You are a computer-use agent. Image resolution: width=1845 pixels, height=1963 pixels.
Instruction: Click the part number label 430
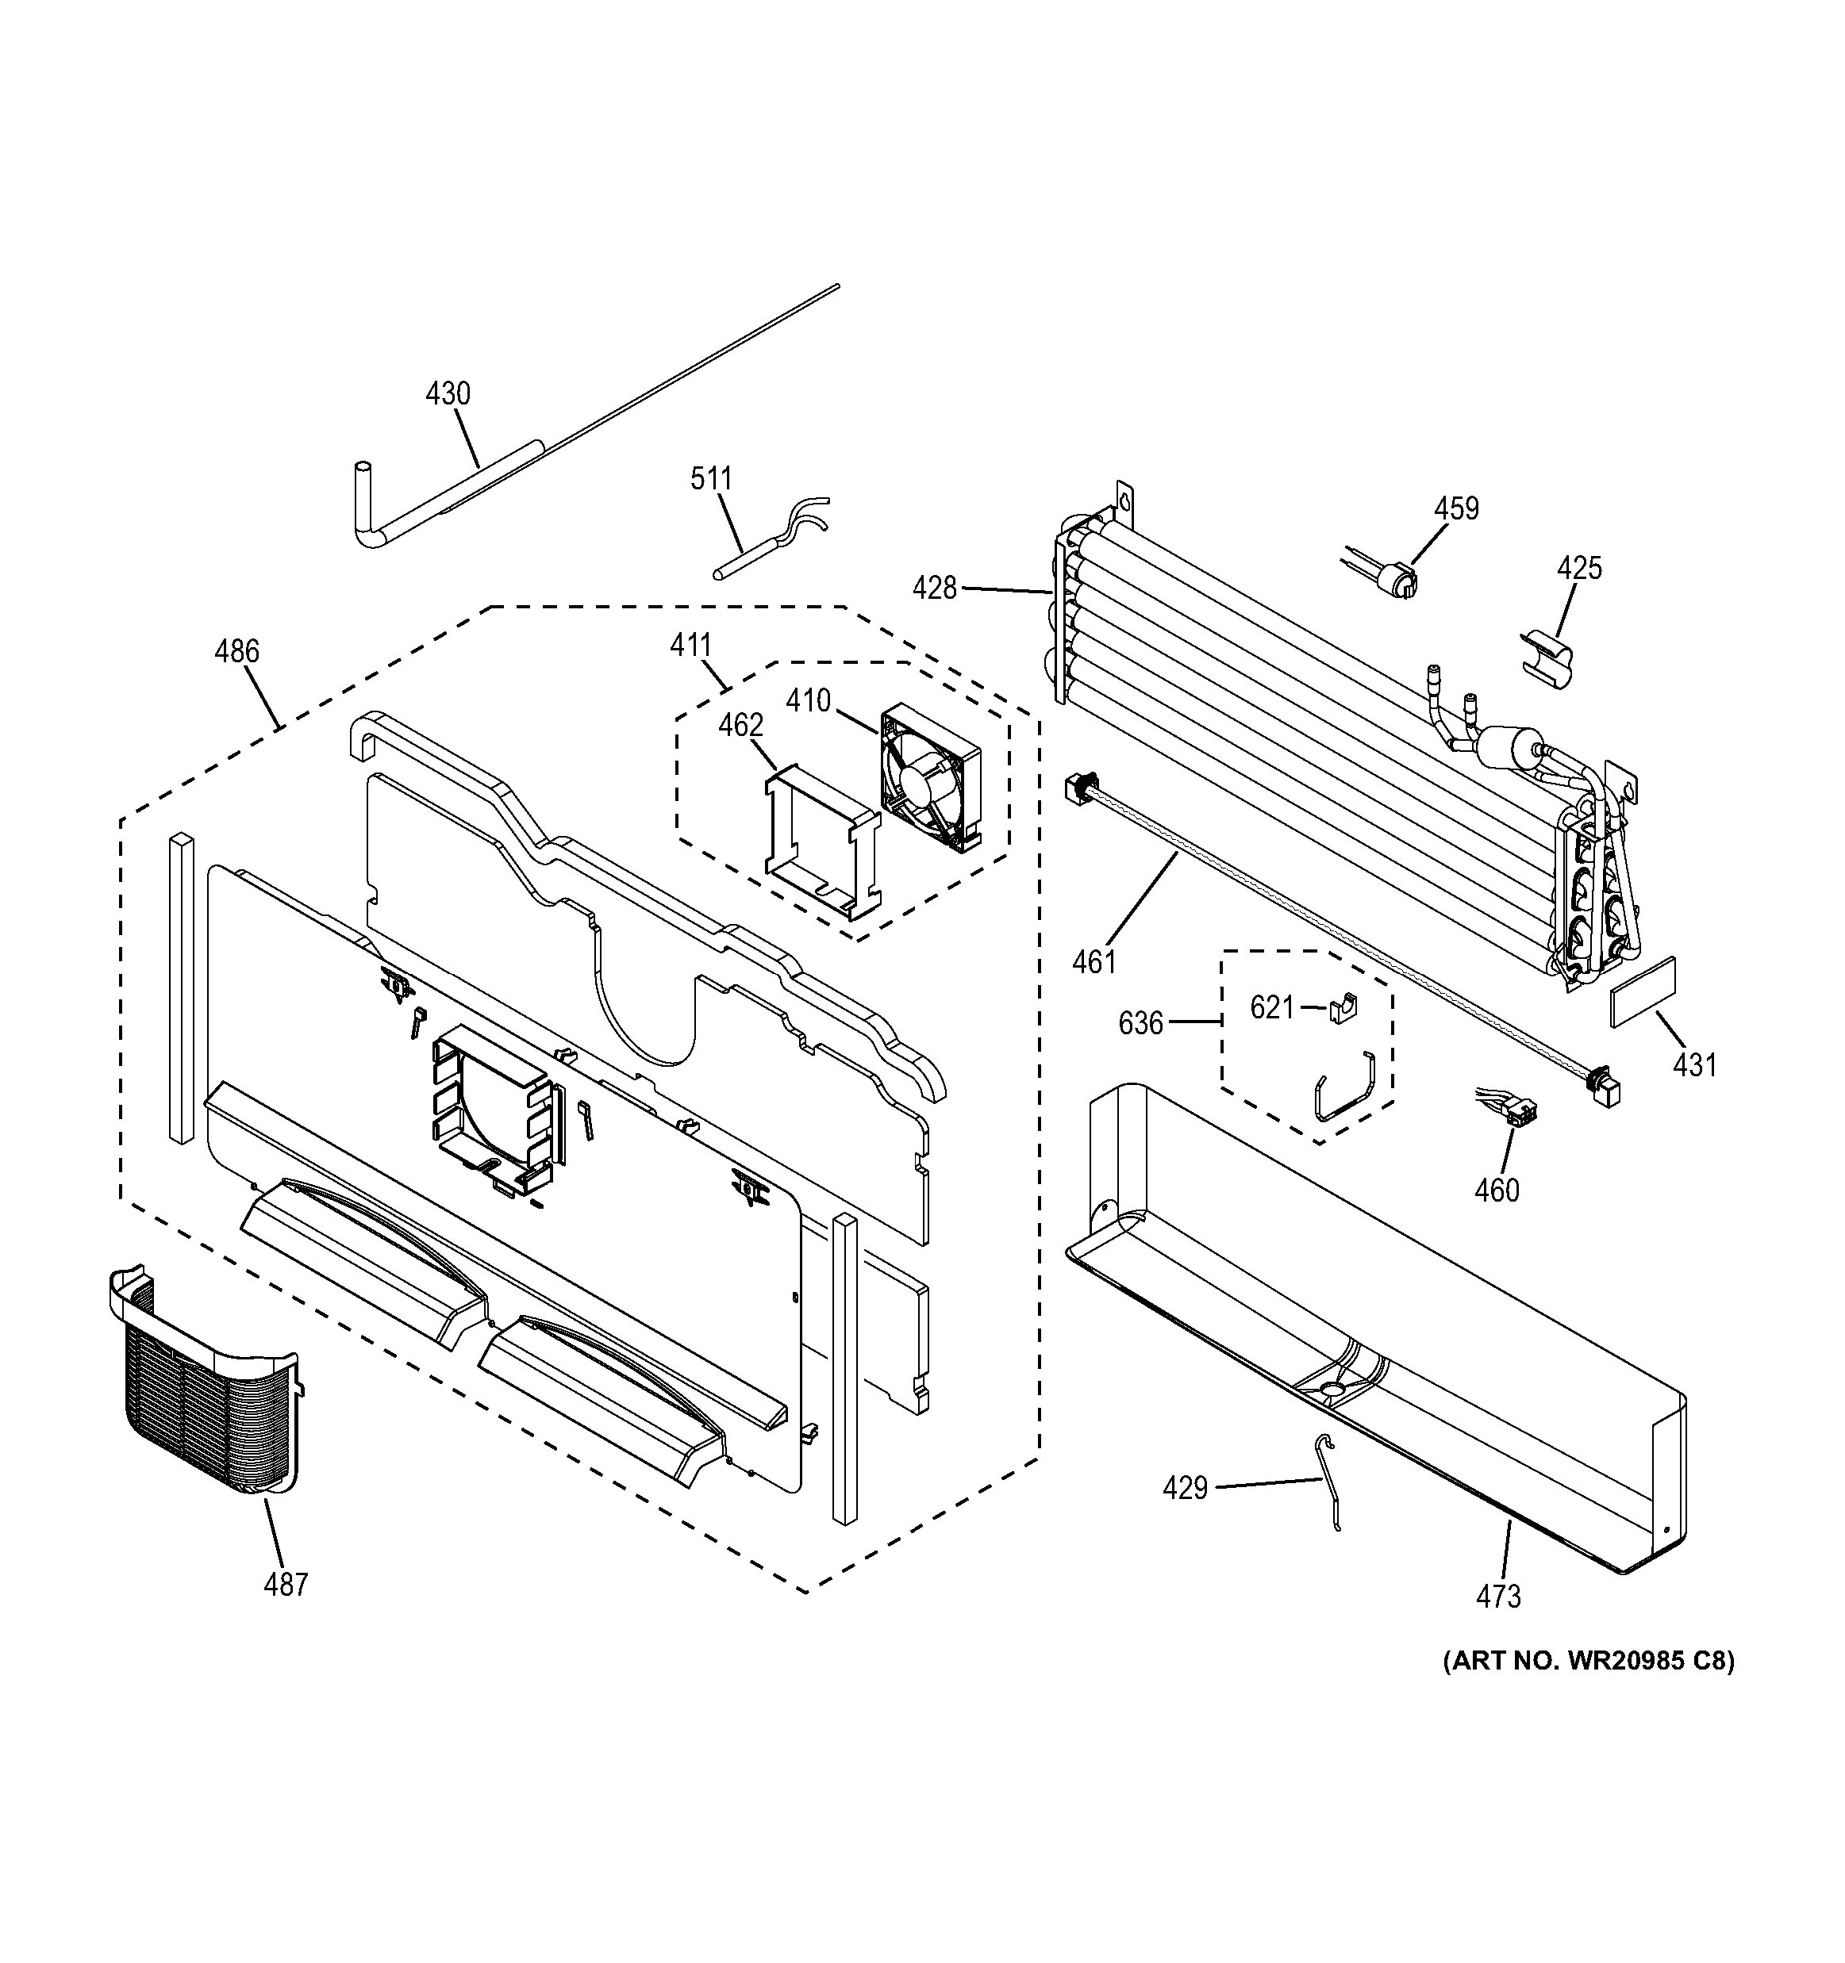[448, 394]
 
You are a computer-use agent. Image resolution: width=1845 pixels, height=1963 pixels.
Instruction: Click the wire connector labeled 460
[1513, 1111]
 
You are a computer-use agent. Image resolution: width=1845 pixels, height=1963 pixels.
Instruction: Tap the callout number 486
[237, 652]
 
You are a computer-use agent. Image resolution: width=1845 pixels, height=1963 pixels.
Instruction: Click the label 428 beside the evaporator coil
[934, 589]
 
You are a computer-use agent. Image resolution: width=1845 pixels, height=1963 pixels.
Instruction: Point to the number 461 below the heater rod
[1094, 960]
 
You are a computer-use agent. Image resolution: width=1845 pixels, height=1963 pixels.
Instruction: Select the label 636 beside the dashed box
[1141, 1024]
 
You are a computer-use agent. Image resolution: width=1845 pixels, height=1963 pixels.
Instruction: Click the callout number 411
[690, 646]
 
